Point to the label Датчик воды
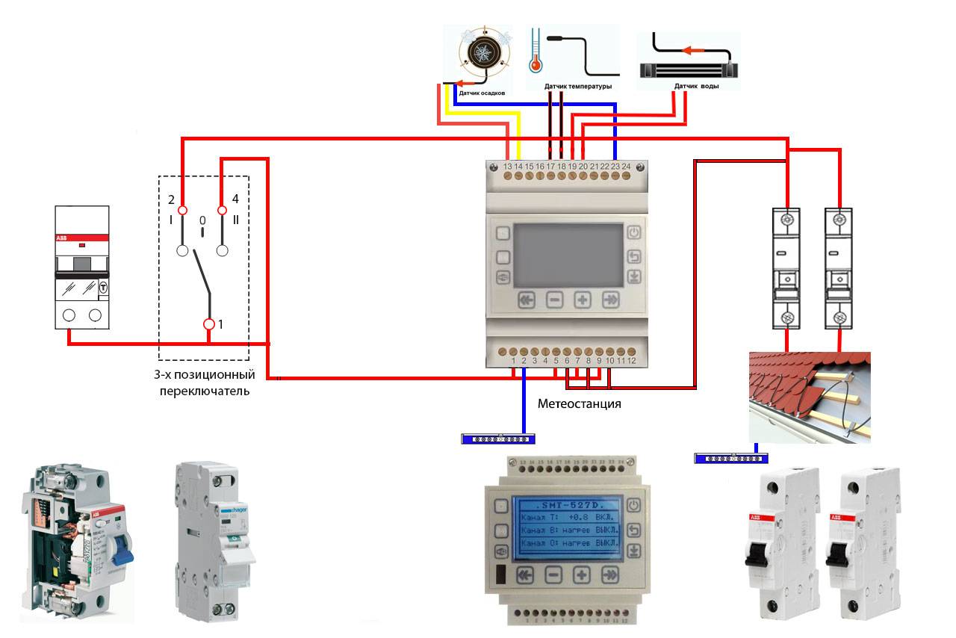pyautogui.click(x=696, y=86)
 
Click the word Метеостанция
pyautogui.click(x=580, y=403)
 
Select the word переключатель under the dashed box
pyautogui.click(x=204, y=390)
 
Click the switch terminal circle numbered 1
pyautogui.click(x=209, y=324)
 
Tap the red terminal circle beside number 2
pyautogui.click(x=181, y=211)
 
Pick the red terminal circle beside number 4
pyautogui.click(x=221, y=211)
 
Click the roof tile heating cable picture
pyautogui.click(x=809, y=397)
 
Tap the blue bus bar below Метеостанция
pyautogui.click(x=498, y=439)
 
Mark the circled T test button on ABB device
pyautogui.click(x=103, y=285)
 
